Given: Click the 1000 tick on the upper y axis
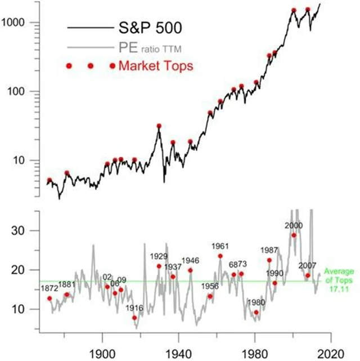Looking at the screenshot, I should click(x=22, y=23).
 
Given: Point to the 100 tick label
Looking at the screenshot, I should click(x=25, y=91).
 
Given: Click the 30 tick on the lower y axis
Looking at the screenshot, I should click(x=28, y=230).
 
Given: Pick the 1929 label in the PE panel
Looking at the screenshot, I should click(x=159, y=257).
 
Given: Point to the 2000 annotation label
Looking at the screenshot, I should click(x=294, y=225).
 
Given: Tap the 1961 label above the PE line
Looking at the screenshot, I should click(x=220, y=247).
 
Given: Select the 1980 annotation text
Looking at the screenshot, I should click(x=256, y=302).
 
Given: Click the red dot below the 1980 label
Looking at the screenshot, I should click(x=256, y=312).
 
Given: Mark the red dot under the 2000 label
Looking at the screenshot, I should click(x=294, y=235).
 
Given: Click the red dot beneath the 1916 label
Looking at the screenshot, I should click(x=134, y=318).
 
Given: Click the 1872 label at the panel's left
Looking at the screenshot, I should click(x=49, y=289).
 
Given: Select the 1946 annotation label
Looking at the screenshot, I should click(x=190, y=261).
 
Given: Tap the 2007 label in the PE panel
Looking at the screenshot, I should click(x=307, y=265).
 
